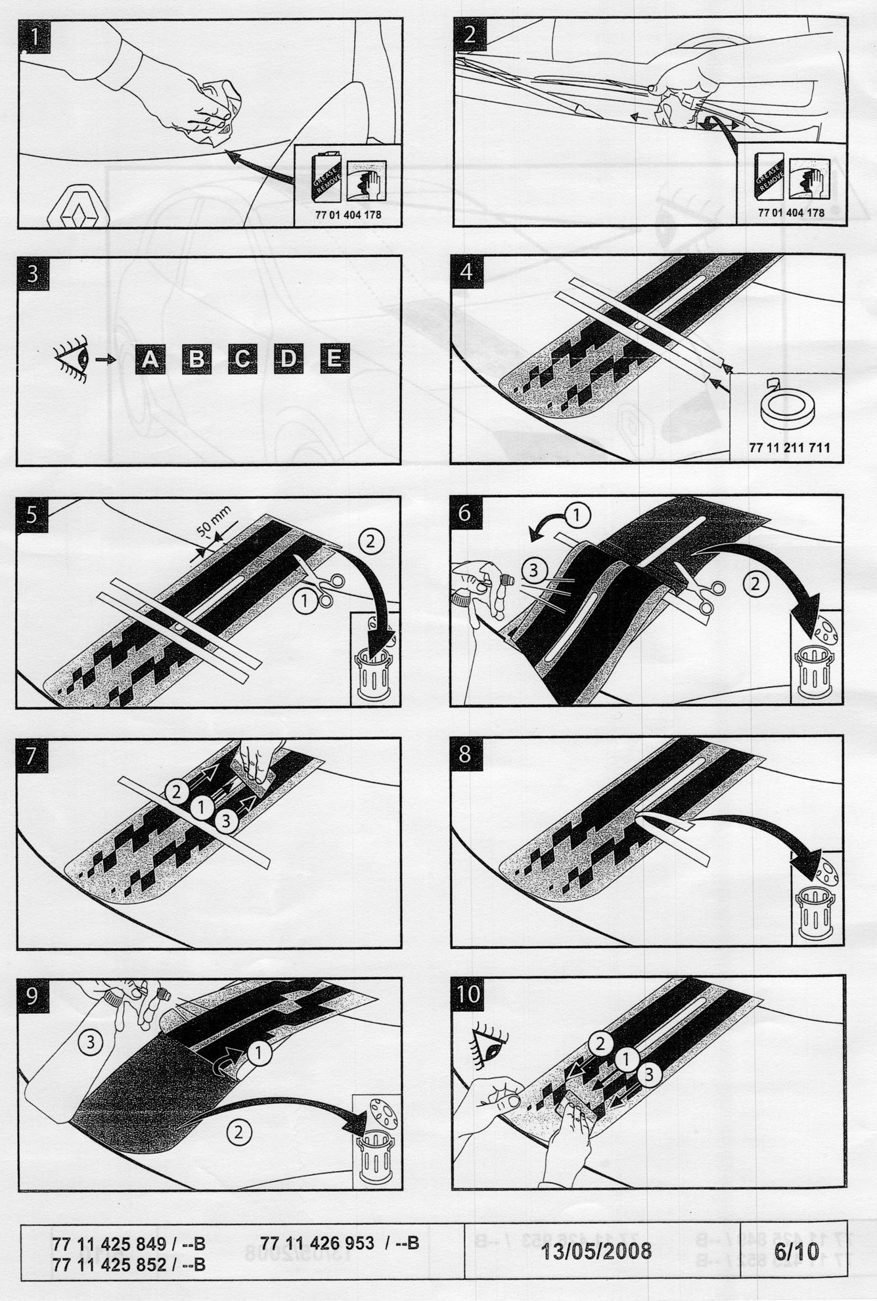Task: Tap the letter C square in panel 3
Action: point(242,359)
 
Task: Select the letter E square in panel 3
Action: point(334,359)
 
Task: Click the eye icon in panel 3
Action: point(72,359)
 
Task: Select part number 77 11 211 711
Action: point(789,447)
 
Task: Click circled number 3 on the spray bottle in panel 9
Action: point(91,1041)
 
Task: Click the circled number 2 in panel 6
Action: point(755,583)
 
